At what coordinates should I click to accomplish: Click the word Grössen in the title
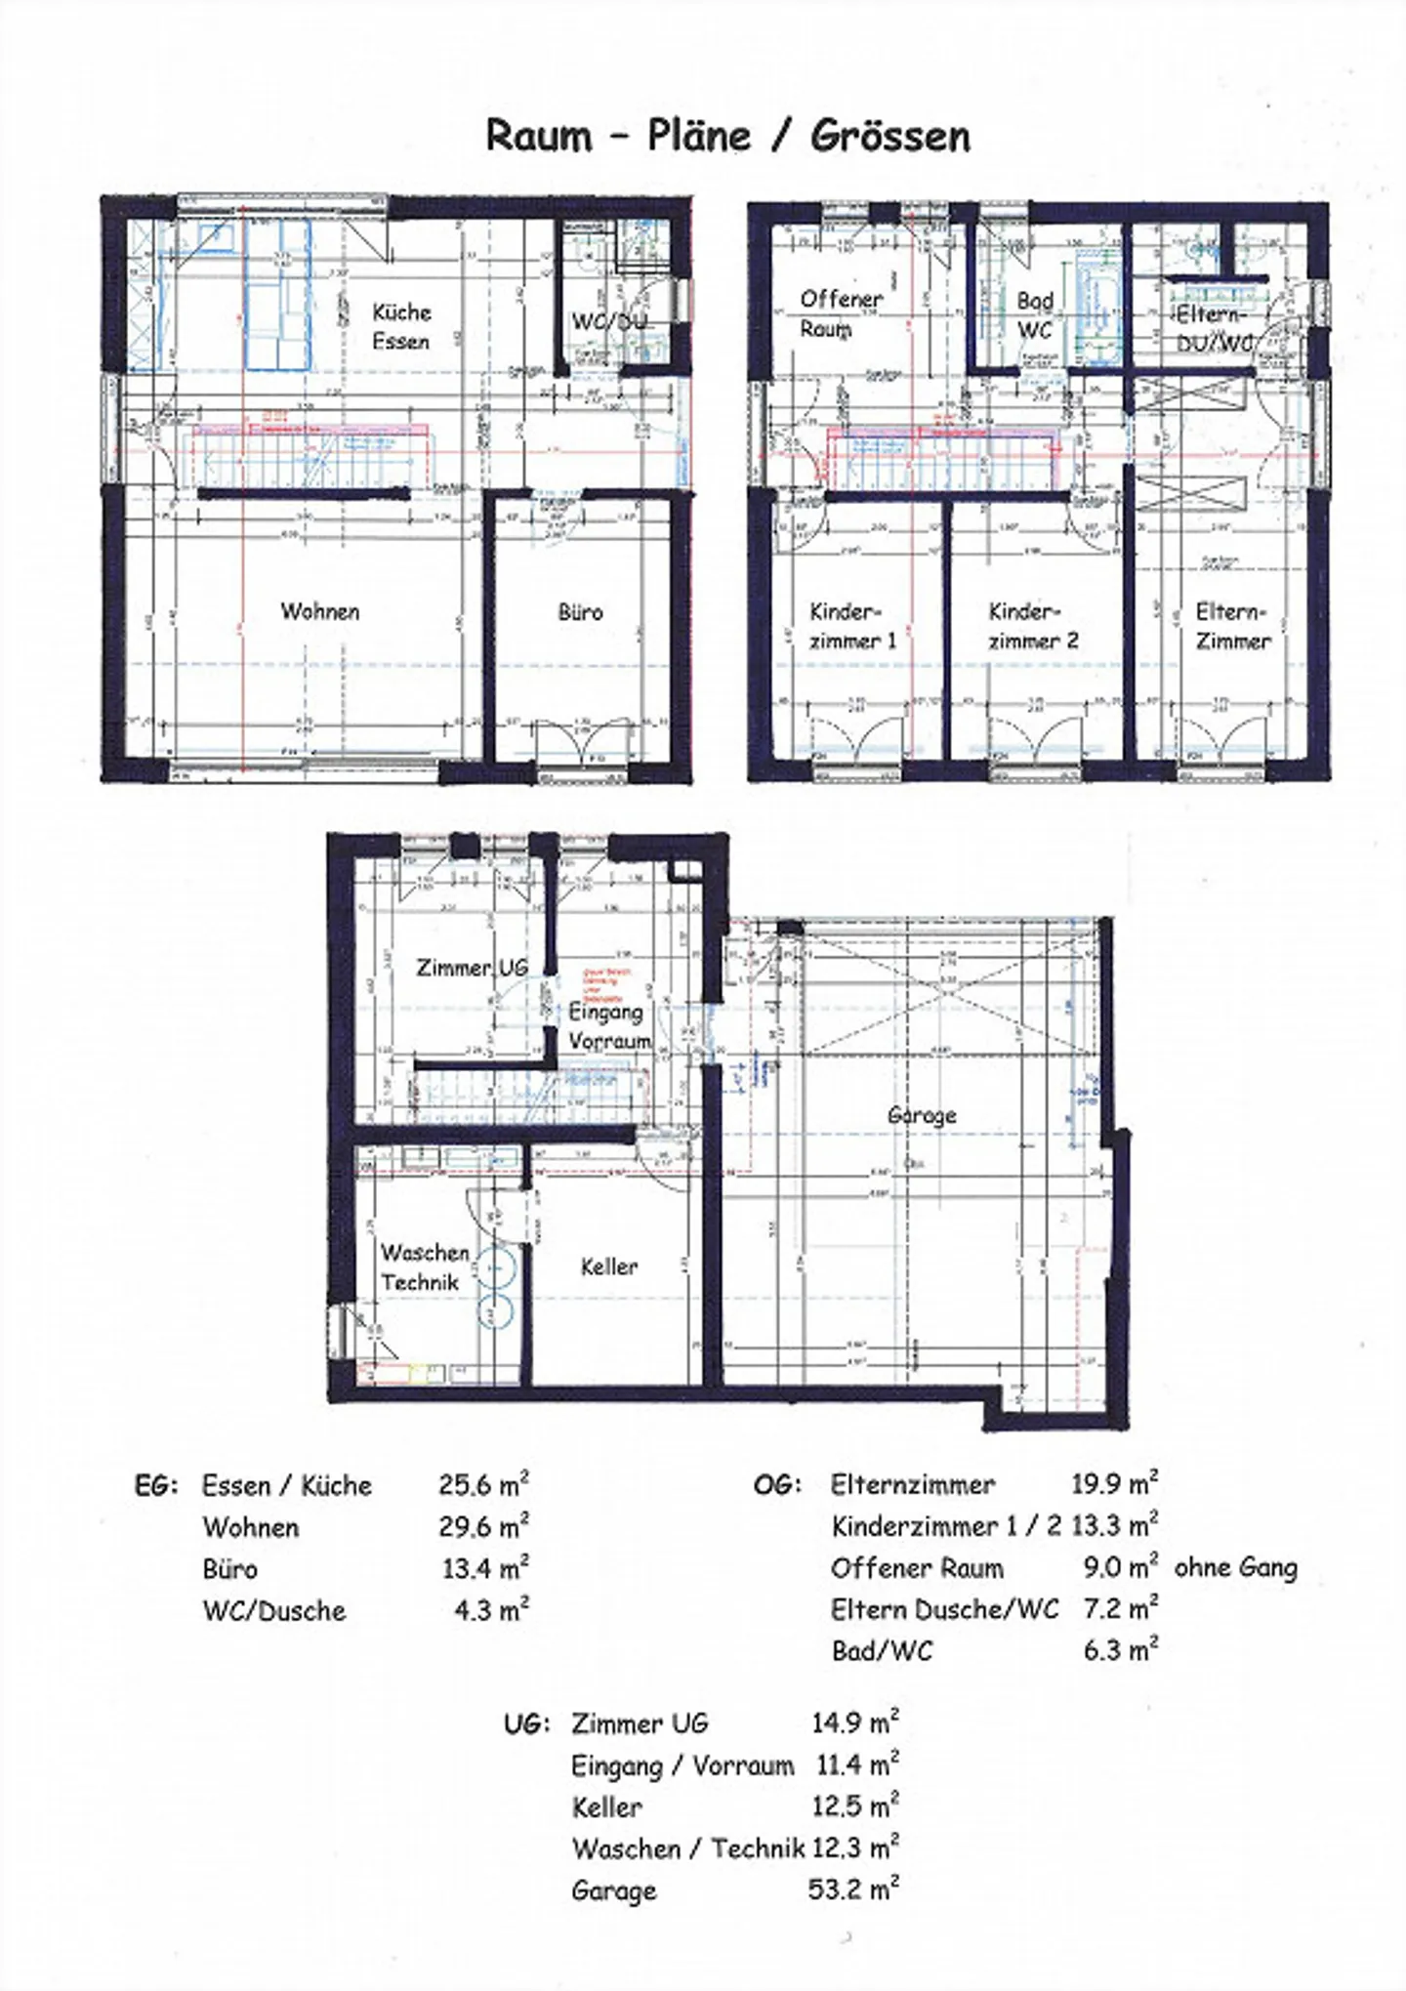click(x=889, y=136)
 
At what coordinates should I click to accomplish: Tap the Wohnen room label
click(x=320, y=611)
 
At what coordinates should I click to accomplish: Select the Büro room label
click(x=580, y=612)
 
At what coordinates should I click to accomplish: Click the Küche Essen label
click(x=401, y=326)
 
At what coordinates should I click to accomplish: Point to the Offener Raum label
click(x=840, y=313)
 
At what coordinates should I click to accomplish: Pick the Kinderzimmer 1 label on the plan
click(x=851, y=626)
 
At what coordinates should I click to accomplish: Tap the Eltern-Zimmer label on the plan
click(x=1232, y=626)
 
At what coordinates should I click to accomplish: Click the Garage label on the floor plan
click(x=922, y=1115)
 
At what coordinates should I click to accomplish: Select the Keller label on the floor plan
click(x=608, y=1266)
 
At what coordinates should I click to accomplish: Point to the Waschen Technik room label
click(x=424, y=1266)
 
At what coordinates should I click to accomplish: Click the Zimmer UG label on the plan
click(x=472, y=968)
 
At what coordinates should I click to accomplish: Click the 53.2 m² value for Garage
click(x=852, y=1888)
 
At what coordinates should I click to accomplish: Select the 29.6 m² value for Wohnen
click(x=483, y=1526)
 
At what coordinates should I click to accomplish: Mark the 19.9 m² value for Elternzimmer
click(x=1114, y=1484)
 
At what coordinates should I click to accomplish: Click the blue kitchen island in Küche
click(x=277, y=294)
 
